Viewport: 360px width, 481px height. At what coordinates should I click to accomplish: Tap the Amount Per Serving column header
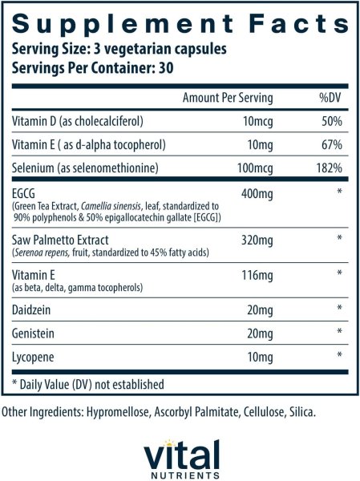(228, 99)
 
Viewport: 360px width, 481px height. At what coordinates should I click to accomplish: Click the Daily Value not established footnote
(87, 384)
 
